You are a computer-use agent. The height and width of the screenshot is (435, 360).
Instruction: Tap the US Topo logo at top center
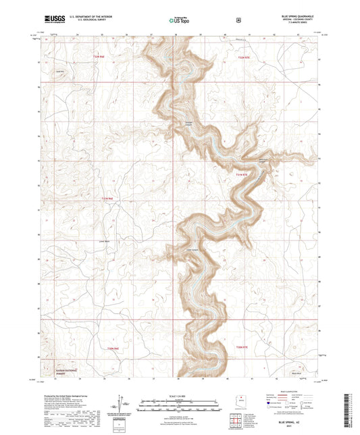(x=179, y=20)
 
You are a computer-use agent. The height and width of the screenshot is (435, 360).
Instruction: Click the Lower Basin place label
(x=103, y=240)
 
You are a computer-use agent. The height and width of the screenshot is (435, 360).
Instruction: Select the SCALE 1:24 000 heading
(x=180, y=395)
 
